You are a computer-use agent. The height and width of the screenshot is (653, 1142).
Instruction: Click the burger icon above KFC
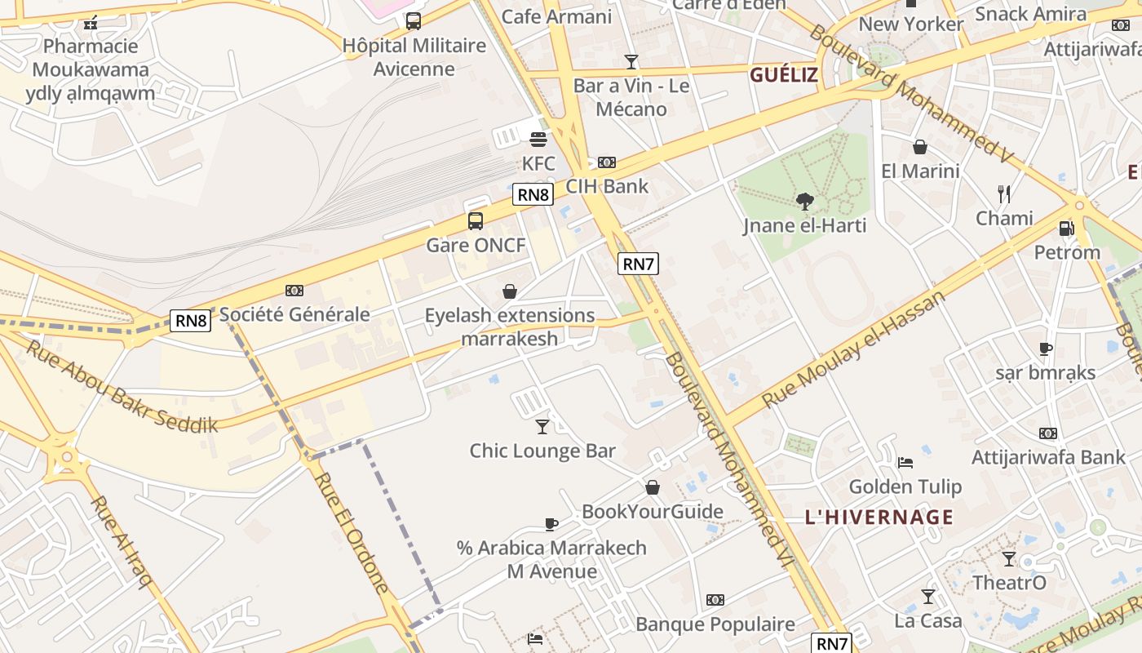(x=538, y=140)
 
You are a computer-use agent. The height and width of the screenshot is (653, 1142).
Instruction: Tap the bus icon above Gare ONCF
(x=475, y=220)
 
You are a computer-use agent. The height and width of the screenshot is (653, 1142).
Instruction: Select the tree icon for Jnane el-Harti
(x=804, y=201)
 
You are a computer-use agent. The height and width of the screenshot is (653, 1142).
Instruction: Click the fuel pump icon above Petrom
(x=1066, y=229)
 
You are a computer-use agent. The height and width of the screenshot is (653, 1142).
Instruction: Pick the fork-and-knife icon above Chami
(x=1004, y=194)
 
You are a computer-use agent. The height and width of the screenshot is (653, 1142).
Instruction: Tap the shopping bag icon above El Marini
(x=920, y=147)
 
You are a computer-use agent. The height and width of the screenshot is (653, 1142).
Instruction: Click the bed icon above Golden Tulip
(x=905, y=463)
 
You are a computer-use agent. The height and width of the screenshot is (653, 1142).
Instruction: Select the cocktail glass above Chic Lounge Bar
(x=542, y=426)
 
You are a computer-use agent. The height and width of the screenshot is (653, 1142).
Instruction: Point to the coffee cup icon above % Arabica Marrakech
(x=551, y=524)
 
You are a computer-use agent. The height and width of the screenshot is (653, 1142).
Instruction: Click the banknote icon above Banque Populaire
(x=715, y=600)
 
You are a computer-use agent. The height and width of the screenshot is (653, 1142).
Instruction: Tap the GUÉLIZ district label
(x=783, y=76)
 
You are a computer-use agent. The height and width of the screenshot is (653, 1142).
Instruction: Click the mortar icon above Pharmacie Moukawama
(x=91, y=22)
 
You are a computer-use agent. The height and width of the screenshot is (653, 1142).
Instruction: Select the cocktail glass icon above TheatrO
(x=1009, y=559)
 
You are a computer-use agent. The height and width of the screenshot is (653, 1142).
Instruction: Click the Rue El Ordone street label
(x=351, y=531)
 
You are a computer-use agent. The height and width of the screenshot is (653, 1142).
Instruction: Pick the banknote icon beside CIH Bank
(x=607, y=162)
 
